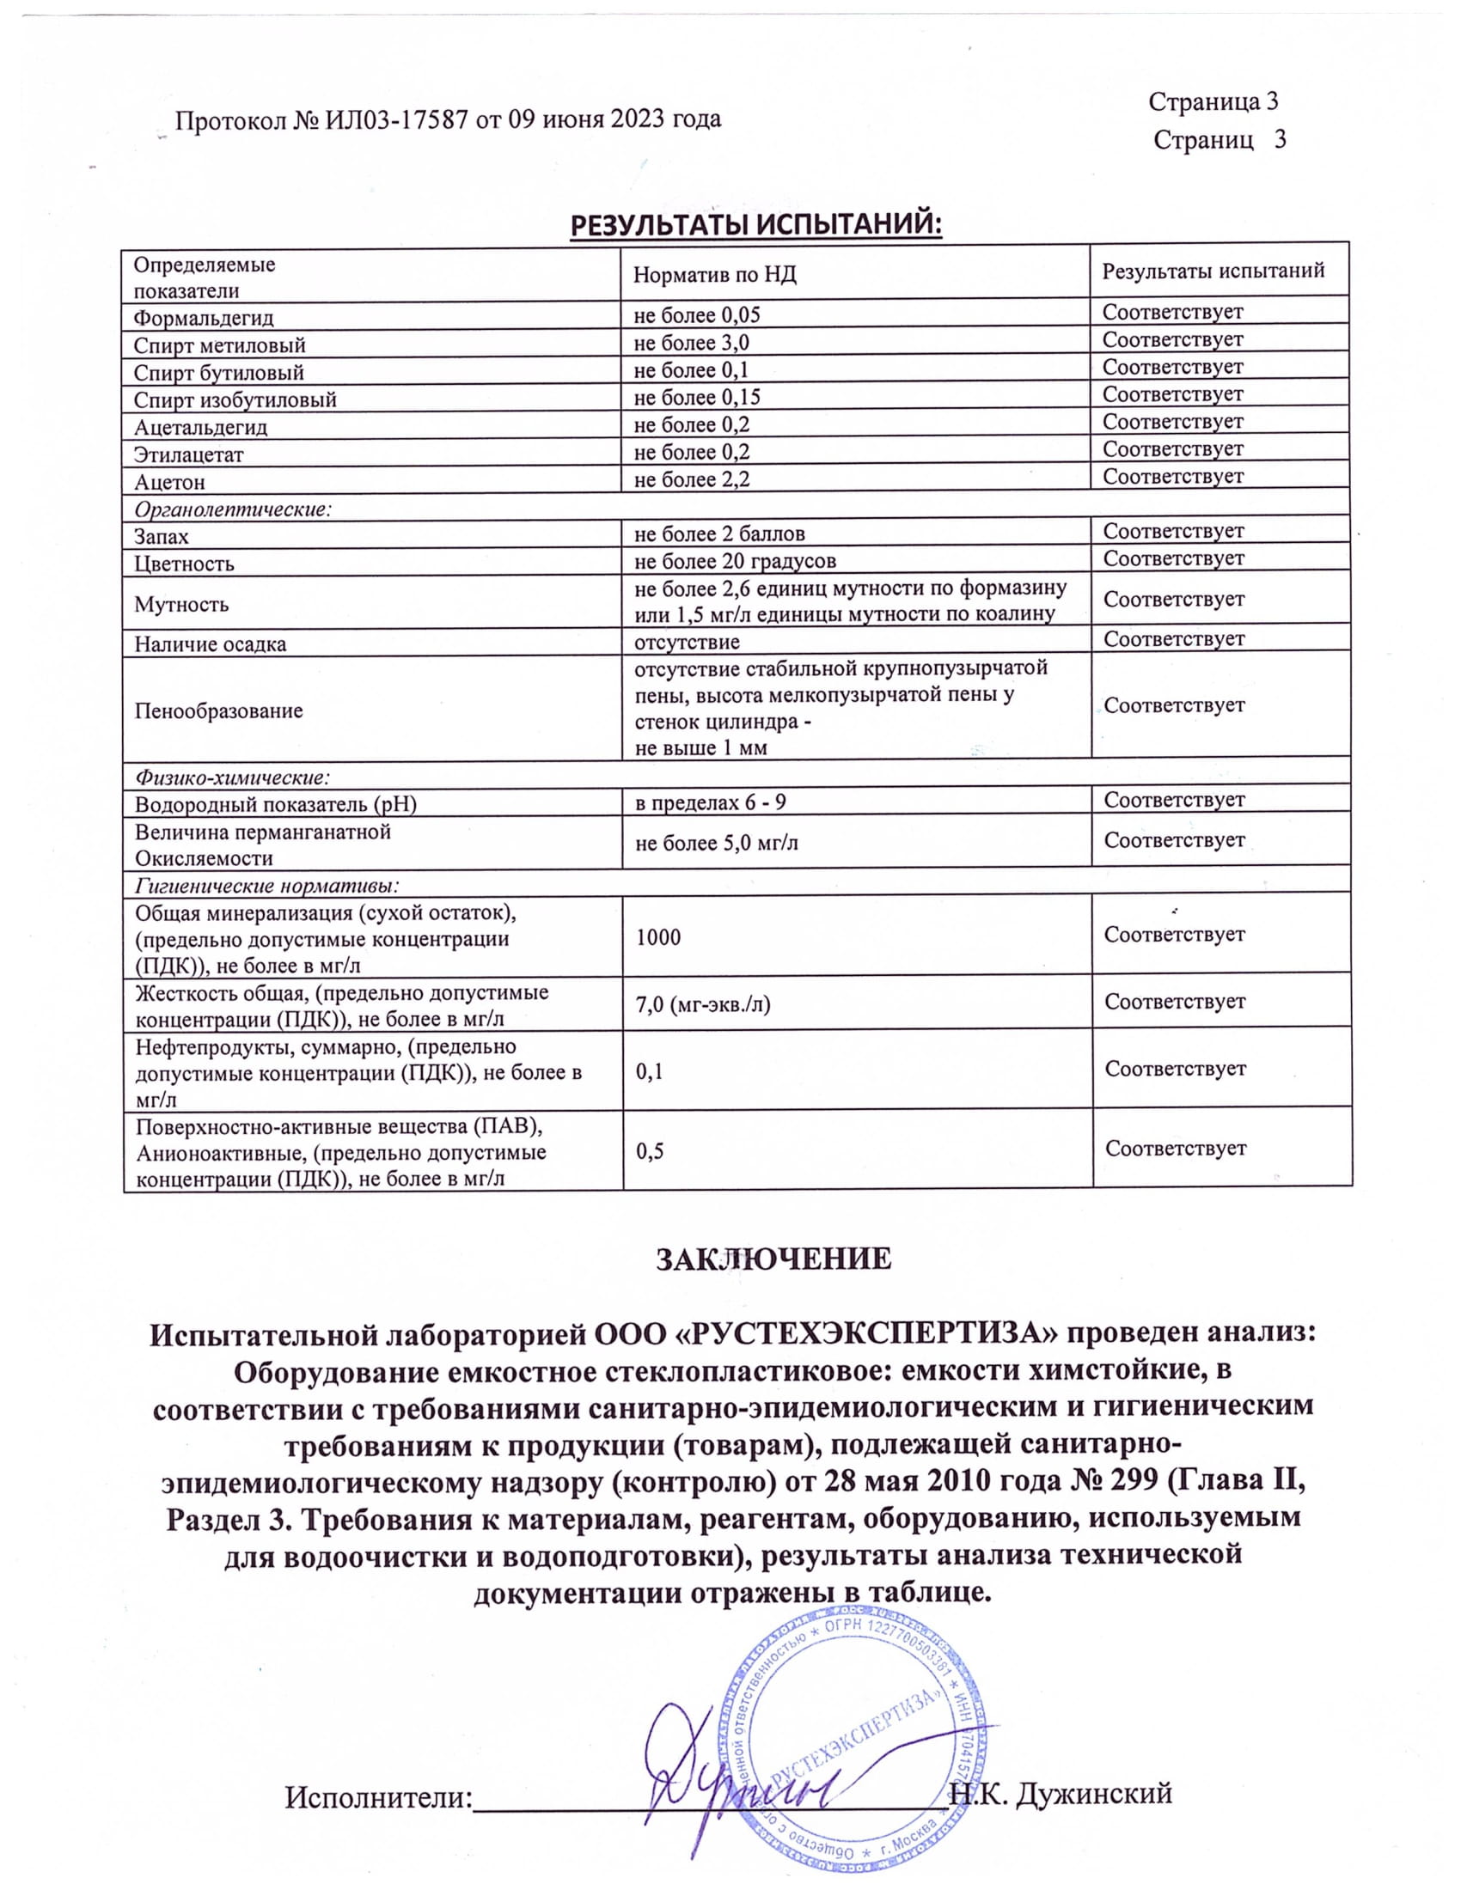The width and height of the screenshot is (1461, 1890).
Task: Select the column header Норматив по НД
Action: tap(714, 275)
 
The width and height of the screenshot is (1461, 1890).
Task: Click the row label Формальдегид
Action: tap(204, 318)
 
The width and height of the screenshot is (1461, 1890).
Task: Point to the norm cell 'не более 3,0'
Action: tap(692, 343)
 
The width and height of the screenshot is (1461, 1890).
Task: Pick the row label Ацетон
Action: tap(169, 482)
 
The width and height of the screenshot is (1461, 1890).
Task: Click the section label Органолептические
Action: tap(233, 509)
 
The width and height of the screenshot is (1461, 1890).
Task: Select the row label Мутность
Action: tap(181, 604)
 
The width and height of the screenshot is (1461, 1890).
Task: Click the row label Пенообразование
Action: tap(219, 711)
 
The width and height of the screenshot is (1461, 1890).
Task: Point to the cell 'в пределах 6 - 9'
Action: tap(711, 802)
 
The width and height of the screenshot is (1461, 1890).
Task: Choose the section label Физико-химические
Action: tap(233, 777)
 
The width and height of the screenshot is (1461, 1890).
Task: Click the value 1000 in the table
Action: tap(658, 937)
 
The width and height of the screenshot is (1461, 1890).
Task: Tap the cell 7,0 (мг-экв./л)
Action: tap(703, 1003)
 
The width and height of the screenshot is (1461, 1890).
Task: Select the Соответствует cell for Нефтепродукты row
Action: tap(1176, 1069)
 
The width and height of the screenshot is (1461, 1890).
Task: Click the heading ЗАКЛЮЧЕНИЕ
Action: tap(773, 1260)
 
